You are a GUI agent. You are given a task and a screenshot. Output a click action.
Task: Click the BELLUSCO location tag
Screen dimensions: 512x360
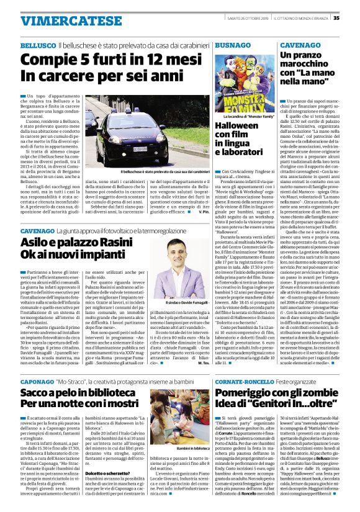[38, 47]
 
